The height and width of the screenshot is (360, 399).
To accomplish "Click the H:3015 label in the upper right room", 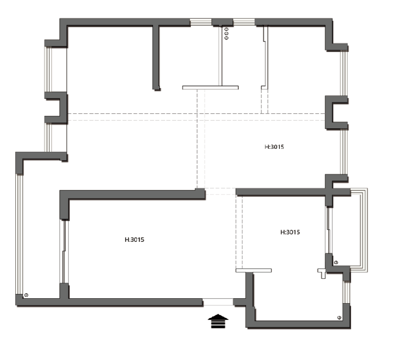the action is coord(274,147).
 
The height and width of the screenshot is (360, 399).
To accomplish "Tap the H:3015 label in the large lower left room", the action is coord(134,240).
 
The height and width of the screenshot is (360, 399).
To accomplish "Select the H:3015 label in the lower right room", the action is coord(290,232).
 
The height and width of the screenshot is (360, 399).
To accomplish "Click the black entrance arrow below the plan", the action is coord(218,321).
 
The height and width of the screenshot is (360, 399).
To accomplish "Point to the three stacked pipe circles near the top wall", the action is coord(226,34).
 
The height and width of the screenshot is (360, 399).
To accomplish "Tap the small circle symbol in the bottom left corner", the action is coord(26,295).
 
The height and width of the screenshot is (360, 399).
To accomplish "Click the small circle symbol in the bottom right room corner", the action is coord(339,317).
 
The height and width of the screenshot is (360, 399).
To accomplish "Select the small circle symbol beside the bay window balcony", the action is coord(336,262).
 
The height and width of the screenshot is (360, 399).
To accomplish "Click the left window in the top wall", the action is coord(201,22).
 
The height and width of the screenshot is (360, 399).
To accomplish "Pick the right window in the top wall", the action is coord(244,22).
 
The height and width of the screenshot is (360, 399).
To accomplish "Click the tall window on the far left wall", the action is coord(20,234).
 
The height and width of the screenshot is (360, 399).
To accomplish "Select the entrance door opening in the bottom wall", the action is coord(218,302).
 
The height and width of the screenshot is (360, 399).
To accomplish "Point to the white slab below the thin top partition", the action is coord(211,88).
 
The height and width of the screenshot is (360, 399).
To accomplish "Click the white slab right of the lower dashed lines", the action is coord(254,270).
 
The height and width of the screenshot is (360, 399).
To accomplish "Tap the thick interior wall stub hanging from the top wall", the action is coord(156,57).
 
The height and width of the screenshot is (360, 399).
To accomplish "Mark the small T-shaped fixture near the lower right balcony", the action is coord(322,273).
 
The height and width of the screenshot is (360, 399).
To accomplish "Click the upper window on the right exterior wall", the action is coord(344,73).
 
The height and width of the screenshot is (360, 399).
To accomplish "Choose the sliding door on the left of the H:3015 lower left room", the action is coord(64,251).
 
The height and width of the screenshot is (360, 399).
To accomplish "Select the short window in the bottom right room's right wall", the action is coord(347,292).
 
